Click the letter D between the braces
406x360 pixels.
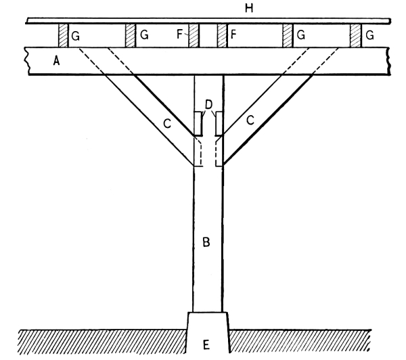coord(209,104)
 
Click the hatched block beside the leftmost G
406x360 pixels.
coord(63,36)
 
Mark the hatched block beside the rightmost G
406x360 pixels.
coord(355,36)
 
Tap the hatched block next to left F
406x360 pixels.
coord(193,36)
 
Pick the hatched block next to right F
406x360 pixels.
coord(221,36)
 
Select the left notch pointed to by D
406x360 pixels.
coord(198,124)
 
